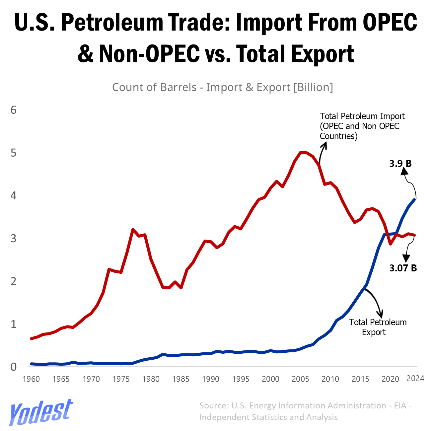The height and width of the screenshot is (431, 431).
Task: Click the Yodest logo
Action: pyautogui.click(x=40, y=412)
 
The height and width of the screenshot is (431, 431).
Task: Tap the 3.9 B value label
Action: pyautogui.click(x=400, y=164)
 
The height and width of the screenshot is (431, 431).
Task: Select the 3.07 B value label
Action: pyautogui.click(x=403, y=268)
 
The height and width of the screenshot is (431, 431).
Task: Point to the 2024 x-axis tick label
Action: pyautogui.click(x=415, y=379)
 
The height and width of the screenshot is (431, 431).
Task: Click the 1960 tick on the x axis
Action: pyautogui.click(x=31, y=379)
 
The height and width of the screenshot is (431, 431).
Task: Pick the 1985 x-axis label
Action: pyautogui.click(x=181, y=379)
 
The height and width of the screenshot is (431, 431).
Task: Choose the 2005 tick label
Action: pyautogui.click(x=300, y=379)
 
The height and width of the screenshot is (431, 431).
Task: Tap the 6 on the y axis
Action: pyautogui.click(x=14, y=110)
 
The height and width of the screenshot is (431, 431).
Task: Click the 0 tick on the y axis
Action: pyautogui.click(x=14, y=367)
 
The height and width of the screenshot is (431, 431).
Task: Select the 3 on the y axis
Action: pyautogui.click(x=14, y=238)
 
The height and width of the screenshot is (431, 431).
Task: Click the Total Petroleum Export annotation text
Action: pyautogui.click(x=378, y=327)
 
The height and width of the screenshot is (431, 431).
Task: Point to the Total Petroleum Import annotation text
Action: pyautogui.click(x=362, y=126)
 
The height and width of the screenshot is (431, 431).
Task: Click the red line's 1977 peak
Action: pyautogui.click(x=133, y=230)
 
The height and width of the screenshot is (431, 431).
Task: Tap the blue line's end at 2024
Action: pyautogui.click(x=415, y=199)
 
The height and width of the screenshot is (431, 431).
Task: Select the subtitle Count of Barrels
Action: pyautogui.click(x=222, y=87)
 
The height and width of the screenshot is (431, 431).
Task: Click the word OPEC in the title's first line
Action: pyautogui.click(x=390, y=22)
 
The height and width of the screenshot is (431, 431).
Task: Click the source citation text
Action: pyautogui.click(x=305, y=411)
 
